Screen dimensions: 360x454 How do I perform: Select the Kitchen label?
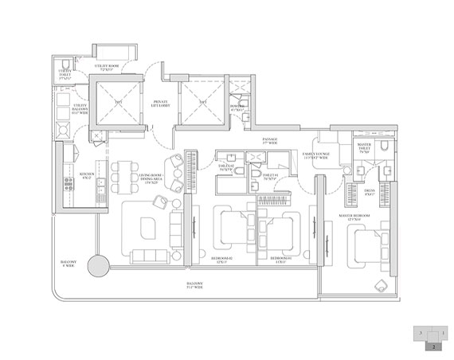coord(88,175)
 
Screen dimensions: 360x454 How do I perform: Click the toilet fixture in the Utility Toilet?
coord(64,65)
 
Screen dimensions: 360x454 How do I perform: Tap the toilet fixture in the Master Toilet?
coord(383,148)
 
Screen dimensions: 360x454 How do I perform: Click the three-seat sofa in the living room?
coord(148,256)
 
